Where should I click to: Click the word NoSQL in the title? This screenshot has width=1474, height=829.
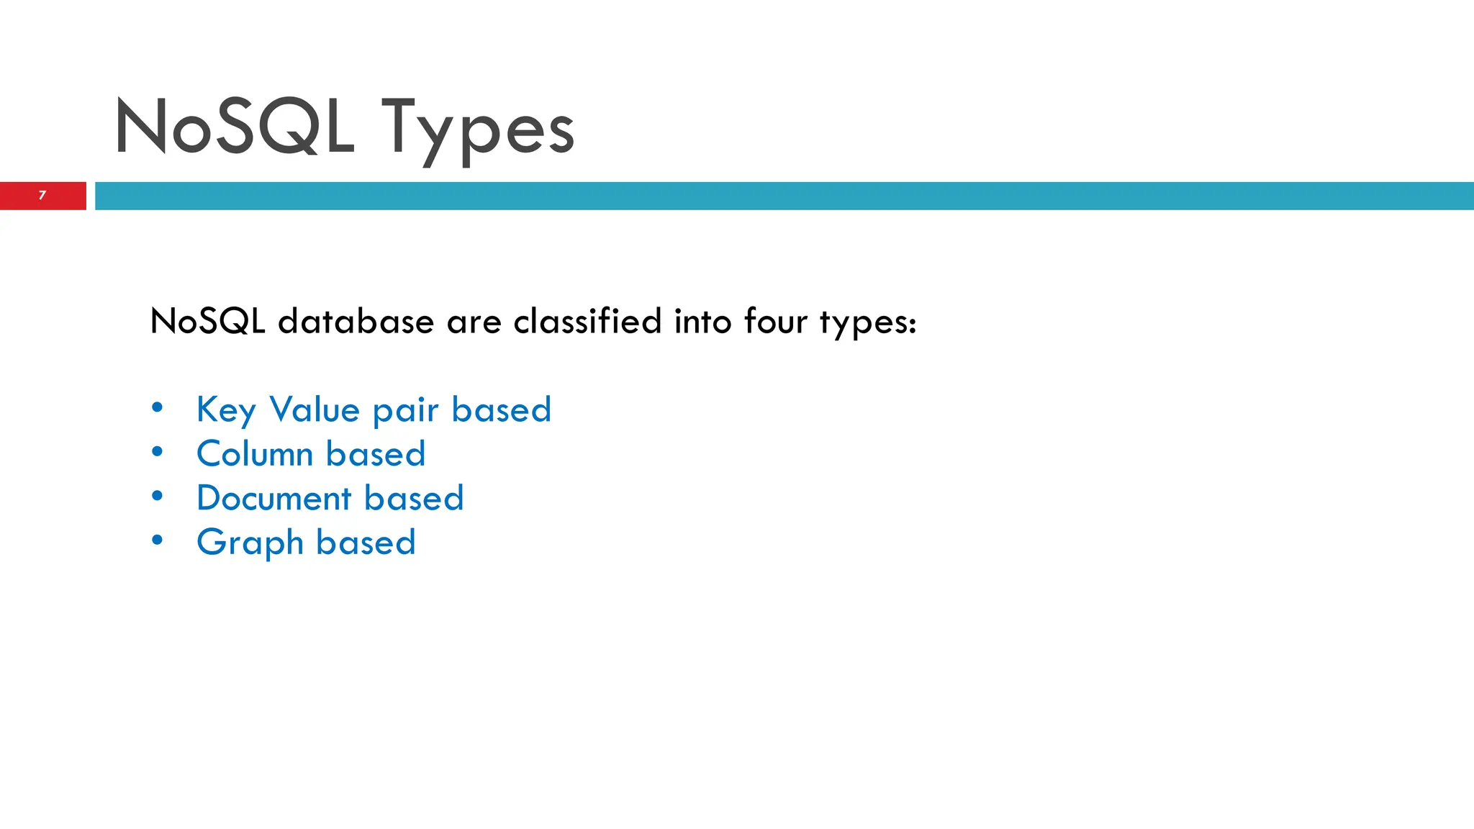pos(235,127)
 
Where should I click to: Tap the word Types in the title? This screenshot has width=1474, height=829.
pos(477,130)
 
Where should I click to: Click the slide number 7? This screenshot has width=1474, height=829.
pos(42,195)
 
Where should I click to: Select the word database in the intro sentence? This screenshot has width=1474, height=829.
pos(356,321)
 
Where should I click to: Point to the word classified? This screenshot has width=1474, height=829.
pos(587,321)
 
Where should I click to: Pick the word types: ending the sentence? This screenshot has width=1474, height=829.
pos(868,323)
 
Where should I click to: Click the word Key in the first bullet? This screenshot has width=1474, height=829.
pos(226,411)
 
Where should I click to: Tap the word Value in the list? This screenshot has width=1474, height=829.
pos(315,409)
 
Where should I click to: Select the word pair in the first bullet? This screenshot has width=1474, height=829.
pos(405,411)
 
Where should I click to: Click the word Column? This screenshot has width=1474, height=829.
pos(255,454)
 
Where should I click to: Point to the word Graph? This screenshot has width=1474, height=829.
pos(250,543)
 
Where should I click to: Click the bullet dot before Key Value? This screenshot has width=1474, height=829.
pos(158,408)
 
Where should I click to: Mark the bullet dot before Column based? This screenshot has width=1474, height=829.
pos(158,452)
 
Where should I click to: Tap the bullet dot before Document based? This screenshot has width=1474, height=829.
pos(158,496)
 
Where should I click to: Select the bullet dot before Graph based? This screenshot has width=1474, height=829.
pos(158,540)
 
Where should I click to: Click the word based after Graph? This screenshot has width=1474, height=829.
pos(366,542)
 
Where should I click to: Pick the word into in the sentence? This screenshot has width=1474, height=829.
pos(702,321)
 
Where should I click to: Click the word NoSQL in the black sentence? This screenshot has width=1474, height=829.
pos(207,321)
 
